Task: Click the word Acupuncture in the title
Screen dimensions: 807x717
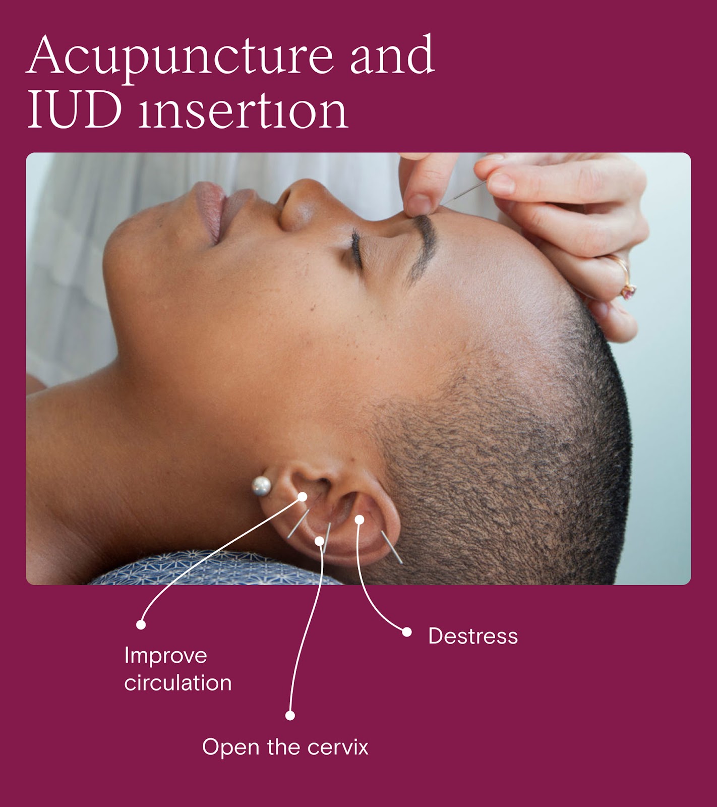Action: click(179, 56)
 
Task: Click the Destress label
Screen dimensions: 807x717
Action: click(472, 637)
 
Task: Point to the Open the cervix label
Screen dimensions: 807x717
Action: click(285, 747)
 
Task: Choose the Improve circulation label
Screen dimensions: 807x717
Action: click(177, 669)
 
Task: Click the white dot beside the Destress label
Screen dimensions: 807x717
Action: click(406, 632)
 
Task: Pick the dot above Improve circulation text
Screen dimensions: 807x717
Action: click(141, 624)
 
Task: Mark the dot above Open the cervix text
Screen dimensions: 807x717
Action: click(290, 715)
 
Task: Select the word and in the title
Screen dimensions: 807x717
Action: click(392, 56)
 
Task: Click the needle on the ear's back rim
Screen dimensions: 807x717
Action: click(392, 547)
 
